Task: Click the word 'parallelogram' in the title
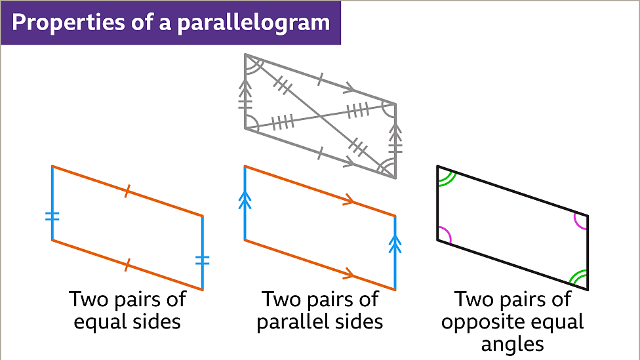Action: pyautogui.click(x=263, y=23)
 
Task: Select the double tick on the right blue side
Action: pyautogui.click(x=203, y=260)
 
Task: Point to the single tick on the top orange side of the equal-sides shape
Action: pyautogui.click(x=127, y=191)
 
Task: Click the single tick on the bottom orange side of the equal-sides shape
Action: pyautogui.click(x=127, y=264)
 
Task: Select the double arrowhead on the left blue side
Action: pyautogui.click(x=245, y=198)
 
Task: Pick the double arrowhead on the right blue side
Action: pyautogui.click(x=395, y=245)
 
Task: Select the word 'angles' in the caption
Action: pyautogui.click(x=512, y=344)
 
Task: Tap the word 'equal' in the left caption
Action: pyautogui.click(x=100, y=322)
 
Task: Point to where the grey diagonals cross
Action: pyautogui.click(x=321, y=116)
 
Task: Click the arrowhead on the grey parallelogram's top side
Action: pyautogui.click(x=349, y=87)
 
